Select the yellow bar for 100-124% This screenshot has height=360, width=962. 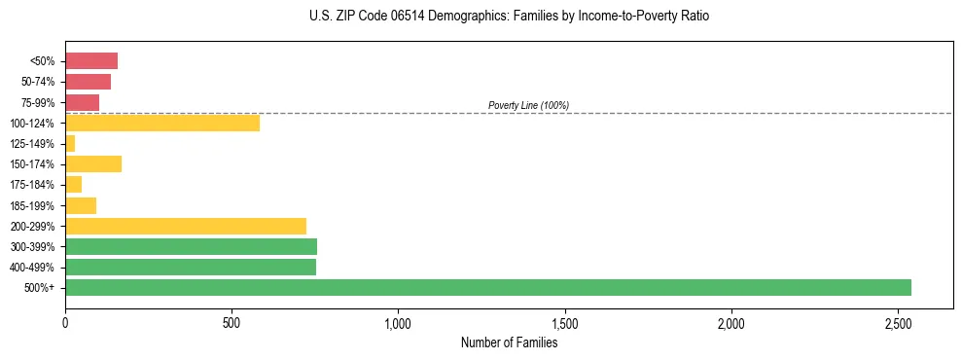pos(162,123)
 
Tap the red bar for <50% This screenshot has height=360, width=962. pos(91,61)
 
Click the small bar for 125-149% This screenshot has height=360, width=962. pos(70,144)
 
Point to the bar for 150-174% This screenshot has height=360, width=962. pos(93,164)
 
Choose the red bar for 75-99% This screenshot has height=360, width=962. pos(83,102)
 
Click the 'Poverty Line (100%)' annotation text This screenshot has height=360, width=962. pos(528,105)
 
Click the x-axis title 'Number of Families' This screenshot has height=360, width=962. pos(509,342)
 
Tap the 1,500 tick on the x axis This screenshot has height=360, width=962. pos(564,323)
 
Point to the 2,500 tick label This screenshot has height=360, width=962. pos(897,323)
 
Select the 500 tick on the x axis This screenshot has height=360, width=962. pos(232,323)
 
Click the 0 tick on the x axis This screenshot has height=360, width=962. pos(65,323)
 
